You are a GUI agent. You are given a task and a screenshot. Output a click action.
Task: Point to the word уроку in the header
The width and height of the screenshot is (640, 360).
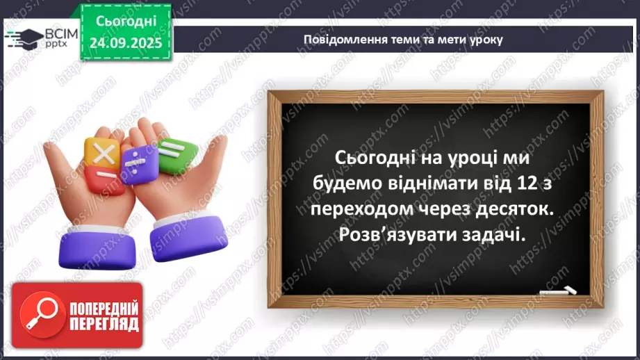point(486,39)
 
